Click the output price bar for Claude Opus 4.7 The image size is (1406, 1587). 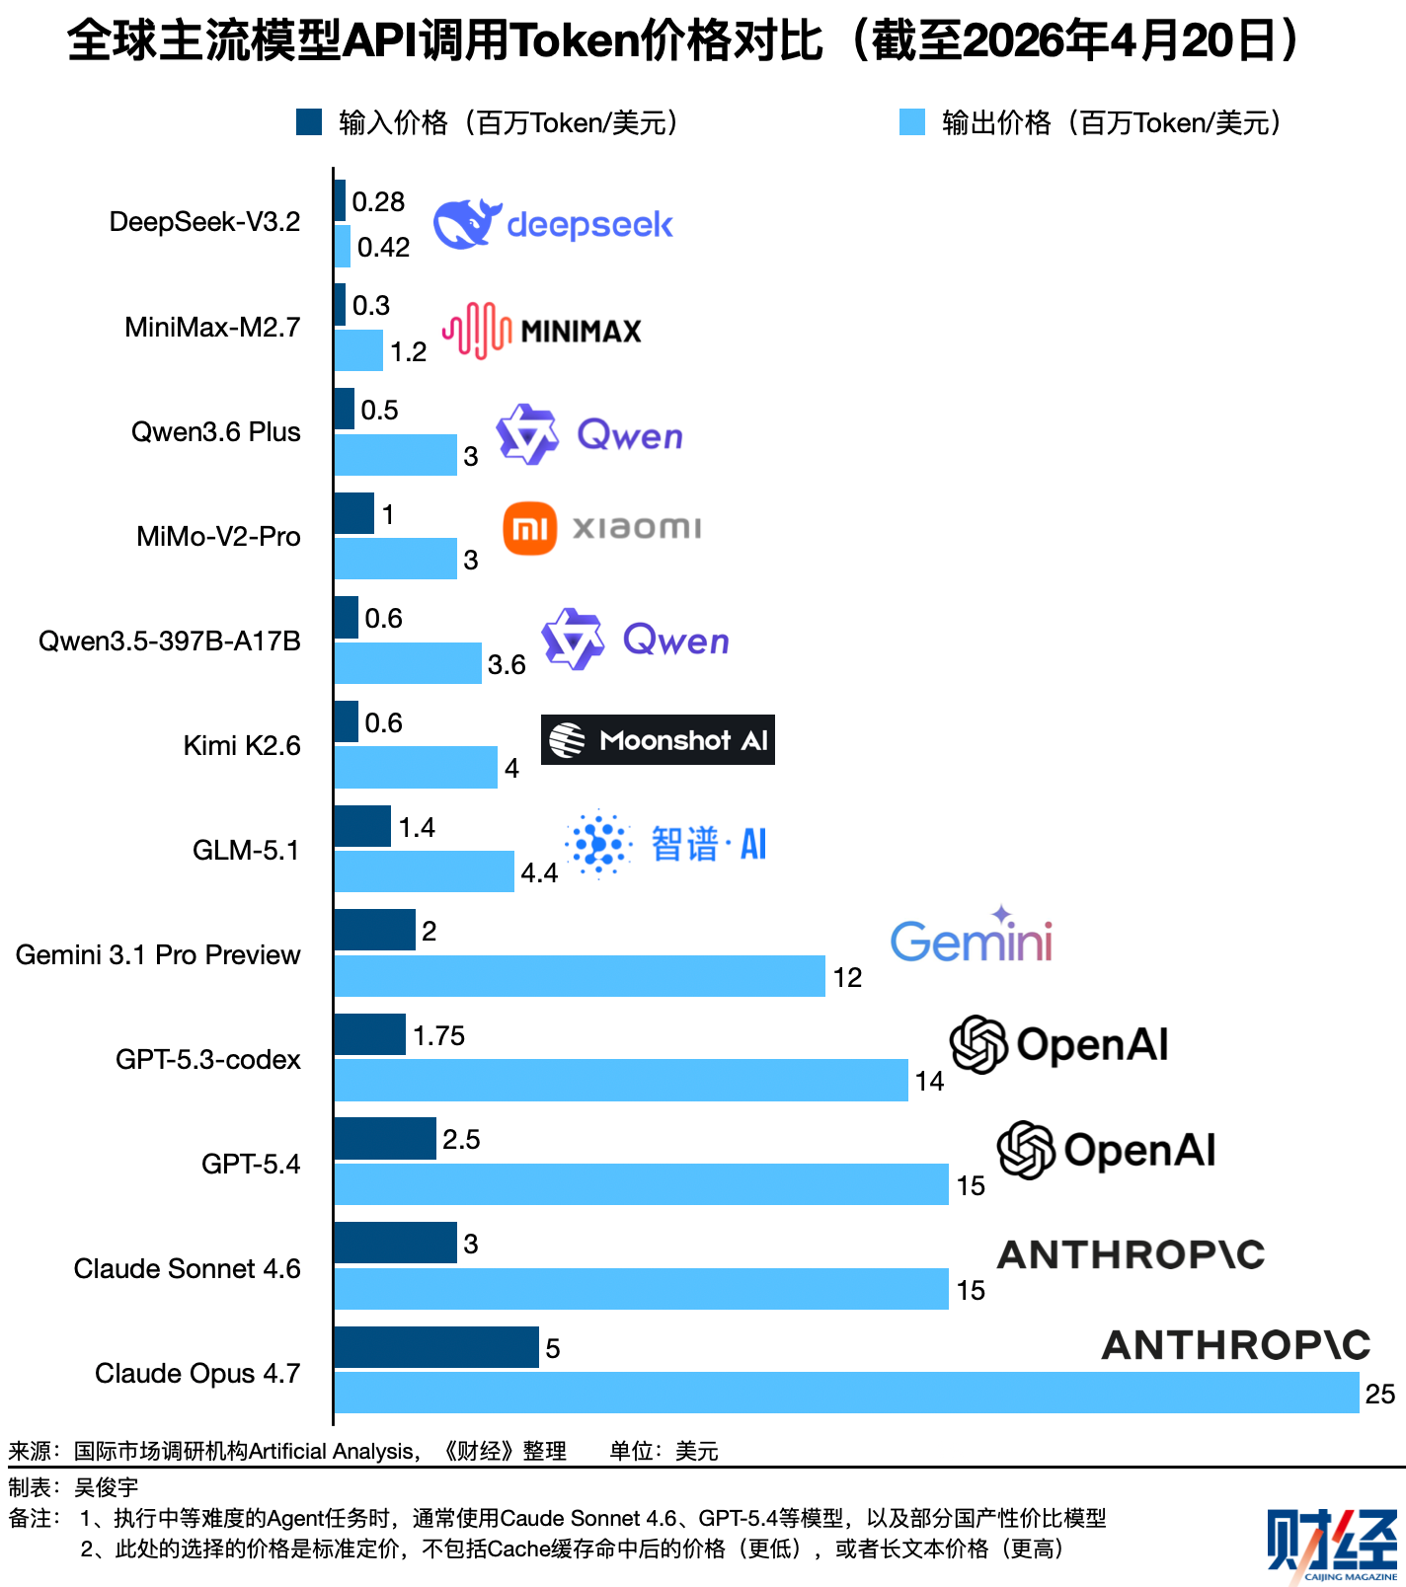pyautogui.click(x=846, y=1393)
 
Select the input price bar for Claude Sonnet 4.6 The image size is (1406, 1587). pyautogui.click(x=396, y=1243)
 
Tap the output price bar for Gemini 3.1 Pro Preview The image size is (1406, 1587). pyautogui.click(x=580, y=976)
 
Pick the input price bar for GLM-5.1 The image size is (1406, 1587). pyautogui.click(x=362, y=826)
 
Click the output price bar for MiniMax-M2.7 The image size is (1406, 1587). pyautogui.click(x=358, y=350)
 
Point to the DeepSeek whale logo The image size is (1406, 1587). pyautogui.click(x=466, y=224)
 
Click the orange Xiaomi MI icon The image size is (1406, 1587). pyautogui.click(x=530, y=528)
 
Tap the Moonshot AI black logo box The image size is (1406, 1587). pyautogui.click(x=658, y=739)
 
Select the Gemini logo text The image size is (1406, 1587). pyautogui.click(x=972, y=939)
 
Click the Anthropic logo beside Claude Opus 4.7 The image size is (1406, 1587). pyautogui.click(x=1236, y=1345)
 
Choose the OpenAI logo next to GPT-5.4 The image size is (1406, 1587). pyautogui.click(x=1107, y=1150)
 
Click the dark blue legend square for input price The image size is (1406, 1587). pyautogui.click(x=309, y=121)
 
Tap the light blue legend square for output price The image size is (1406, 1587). pyautogui.click(x=912, y=121)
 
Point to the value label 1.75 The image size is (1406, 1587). pyautogui.click(x=438, y=1035)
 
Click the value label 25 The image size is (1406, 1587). pyautogui.click(x=1380, y=1394)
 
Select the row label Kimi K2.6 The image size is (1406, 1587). pyautogui.click(x=242, y=745)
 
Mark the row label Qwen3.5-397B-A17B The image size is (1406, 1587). pyautogui.click(x=170, y=641)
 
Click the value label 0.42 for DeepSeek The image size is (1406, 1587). pyautogui.click(x=383, y=247)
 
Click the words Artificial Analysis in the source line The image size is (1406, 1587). pyautogui.click(x=332, y=1451)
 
